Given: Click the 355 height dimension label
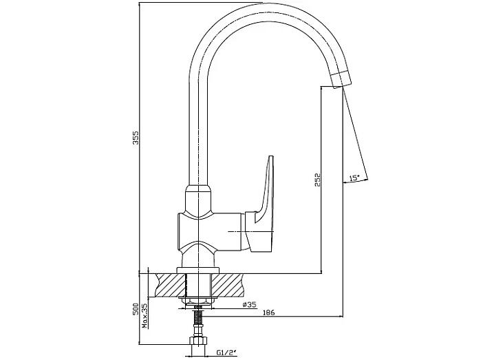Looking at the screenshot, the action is (x=136, y=138).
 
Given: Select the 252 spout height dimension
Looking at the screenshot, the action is (x=318, y=180).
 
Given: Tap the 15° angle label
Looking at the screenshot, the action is (x=354, y=178).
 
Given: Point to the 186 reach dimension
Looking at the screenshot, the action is (x=268, y=313).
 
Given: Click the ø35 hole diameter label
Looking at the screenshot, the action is (x=249, y=304).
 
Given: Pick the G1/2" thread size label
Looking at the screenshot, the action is (x=226, y=352).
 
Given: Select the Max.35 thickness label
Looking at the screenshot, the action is (x=144, y=316).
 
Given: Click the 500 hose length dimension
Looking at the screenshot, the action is (x=136, y=309).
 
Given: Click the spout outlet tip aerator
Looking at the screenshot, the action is (x=341, y=79).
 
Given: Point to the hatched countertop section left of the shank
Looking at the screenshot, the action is (x=171, y=285).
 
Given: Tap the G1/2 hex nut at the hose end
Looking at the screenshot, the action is (x=198, y=340).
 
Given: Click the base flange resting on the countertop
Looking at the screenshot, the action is (x=197, y=270).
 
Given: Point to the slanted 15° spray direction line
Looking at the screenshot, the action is (x=355, y=133).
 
